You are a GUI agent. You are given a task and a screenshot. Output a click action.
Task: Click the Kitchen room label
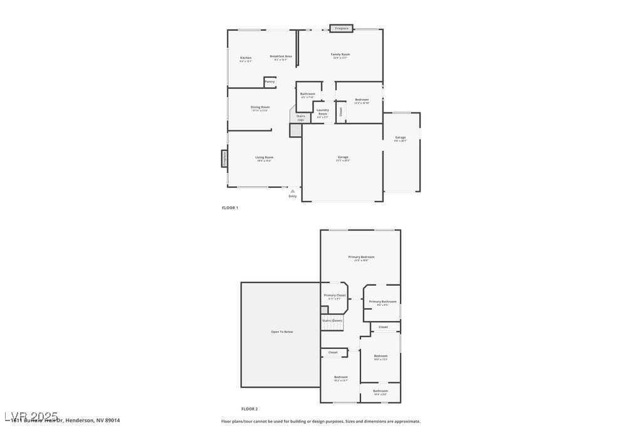[246, 58]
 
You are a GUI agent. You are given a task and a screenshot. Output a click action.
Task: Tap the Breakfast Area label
[281, 56]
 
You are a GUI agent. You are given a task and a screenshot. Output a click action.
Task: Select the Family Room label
[340, 55]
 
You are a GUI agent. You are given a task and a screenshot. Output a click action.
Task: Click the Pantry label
[270, 81]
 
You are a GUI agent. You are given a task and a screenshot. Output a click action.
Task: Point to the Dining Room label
[260, 107]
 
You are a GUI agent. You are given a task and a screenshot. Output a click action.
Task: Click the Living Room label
[264, 157]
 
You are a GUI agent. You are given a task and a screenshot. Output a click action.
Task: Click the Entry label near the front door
[293, 196]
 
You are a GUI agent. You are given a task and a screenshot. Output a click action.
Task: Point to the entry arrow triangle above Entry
[293, 191]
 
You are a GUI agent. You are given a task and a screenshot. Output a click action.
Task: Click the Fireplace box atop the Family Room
[342, 28]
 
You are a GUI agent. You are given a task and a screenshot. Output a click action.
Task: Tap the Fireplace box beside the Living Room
[224, 159]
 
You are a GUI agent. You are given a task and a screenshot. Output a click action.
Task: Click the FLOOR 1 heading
[230, 207]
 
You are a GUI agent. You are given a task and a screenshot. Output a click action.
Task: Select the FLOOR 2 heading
[250, 409]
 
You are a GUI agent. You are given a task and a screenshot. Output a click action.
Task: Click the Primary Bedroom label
[361, 257]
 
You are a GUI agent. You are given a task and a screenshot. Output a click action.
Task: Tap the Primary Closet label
[335, 295]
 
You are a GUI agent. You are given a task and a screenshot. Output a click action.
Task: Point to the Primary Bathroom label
[382, 301]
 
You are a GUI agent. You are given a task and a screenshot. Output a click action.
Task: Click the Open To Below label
[282, 331]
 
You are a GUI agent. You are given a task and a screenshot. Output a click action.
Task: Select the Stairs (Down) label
[332, 320]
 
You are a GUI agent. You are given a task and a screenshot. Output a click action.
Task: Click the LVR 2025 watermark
[31, 416]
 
